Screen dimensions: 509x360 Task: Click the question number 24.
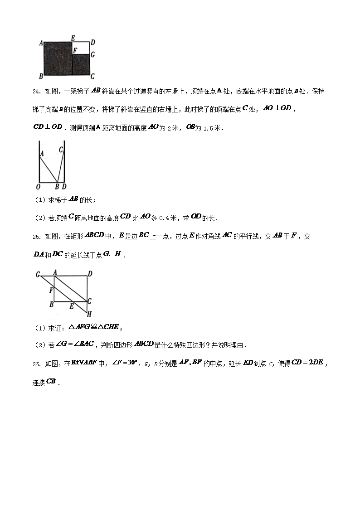37,91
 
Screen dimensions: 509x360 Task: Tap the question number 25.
37,237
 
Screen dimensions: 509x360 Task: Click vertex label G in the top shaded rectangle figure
92,54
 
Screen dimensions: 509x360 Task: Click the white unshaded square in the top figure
81,48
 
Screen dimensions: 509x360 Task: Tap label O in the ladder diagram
39,187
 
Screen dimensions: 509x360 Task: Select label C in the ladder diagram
61,149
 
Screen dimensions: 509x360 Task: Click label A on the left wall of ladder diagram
41,154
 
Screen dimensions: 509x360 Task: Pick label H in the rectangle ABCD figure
90,314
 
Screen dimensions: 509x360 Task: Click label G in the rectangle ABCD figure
38,274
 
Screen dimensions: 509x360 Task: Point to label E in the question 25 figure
71,306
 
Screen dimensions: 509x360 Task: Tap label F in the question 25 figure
52,289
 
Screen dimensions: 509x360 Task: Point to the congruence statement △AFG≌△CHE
94,327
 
